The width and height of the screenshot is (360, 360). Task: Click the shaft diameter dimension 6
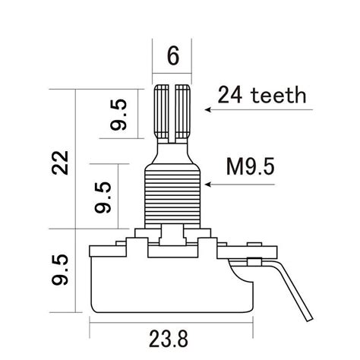[172, 56]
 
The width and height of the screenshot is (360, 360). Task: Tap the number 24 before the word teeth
[229, 96]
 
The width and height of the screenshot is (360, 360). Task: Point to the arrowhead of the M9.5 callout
[207, 185]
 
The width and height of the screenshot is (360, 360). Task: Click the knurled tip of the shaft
[172, 110]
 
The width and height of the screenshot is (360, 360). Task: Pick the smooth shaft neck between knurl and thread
[172, 152]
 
